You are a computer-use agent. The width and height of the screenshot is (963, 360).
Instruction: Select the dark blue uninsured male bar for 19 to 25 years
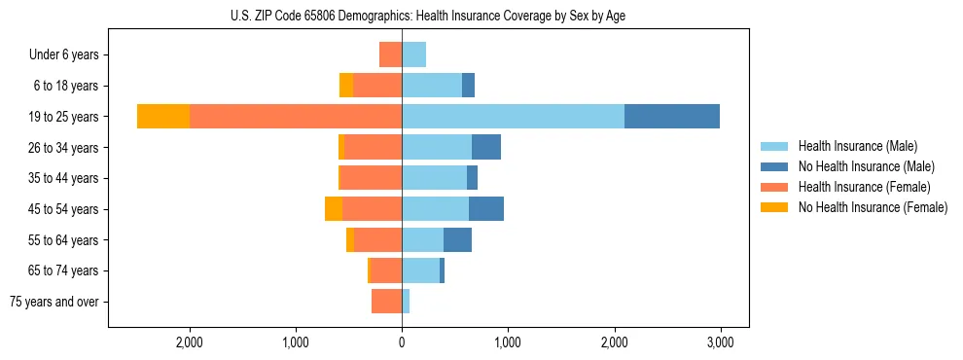tap(671, 117)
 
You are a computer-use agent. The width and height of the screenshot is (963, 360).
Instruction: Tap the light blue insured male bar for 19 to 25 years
tap(513, 117)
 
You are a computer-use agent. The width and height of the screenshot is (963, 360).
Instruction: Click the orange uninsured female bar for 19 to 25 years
tap(163, 117)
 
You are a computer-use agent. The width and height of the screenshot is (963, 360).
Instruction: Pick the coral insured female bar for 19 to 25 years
tap(296, 117)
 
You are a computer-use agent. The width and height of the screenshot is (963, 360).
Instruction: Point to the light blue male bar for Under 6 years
tap(413, 54)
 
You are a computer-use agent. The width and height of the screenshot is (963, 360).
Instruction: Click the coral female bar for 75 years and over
tap(386, 302)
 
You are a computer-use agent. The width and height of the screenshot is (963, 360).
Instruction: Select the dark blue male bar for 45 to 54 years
tap(486, 209)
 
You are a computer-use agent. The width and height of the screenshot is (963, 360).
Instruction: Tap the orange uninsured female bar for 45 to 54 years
tap(334, 209)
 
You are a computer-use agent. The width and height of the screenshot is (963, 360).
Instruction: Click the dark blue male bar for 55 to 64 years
tap(457, 239)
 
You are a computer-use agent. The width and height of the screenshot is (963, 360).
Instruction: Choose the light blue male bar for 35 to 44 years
tap(434, 178)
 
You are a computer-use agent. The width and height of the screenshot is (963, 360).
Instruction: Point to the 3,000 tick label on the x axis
tap(720, 343)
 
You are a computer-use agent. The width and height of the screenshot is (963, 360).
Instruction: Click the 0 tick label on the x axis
tap(402, 343)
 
